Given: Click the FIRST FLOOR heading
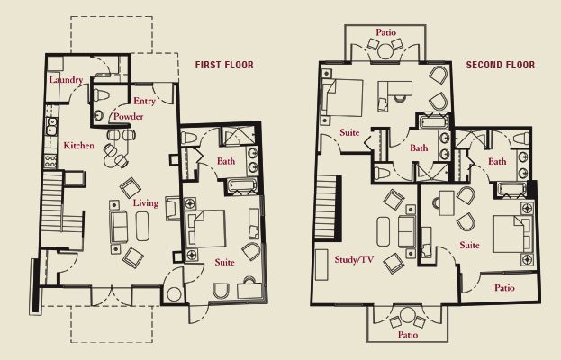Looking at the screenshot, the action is click(x=224, y=65).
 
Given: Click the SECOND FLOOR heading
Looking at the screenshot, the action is click(x=501, y=65).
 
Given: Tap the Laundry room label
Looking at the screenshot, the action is click(x=67, y=80).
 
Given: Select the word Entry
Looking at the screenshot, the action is click(x=145, y=101).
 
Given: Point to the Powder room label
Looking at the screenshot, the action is click(x=129, y=116).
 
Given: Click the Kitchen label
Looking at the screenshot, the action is click(x=78, y=146).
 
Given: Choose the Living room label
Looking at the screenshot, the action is click(x=146, y=203).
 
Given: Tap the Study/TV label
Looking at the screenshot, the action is click(x=354, y=259).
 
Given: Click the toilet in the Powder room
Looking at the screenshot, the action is click(x=101, y=95).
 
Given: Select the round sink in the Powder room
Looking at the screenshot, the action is click(x=99, y=115).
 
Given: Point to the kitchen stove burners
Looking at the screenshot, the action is click(x=50, y=160).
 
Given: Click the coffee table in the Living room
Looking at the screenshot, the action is click(x=142, y=226).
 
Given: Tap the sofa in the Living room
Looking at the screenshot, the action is click(x=119, y=227).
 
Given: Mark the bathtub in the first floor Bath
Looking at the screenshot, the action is click(x=242, y=185).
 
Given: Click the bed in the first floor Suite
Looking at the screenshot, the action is click(x=205, y=229).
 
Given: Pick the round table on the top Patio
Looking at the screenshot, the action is click(x=385, y=50).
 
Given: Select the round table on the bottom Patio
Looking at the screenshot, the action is click(x=408, y=315).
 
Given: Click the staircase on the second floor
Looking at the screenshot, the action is click(x=326, y=207).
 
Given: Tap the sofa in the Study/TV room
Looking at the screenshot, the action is click(x=407, y=231).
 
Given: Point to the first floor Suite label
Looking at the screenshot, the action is click(x=225, y=263).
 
